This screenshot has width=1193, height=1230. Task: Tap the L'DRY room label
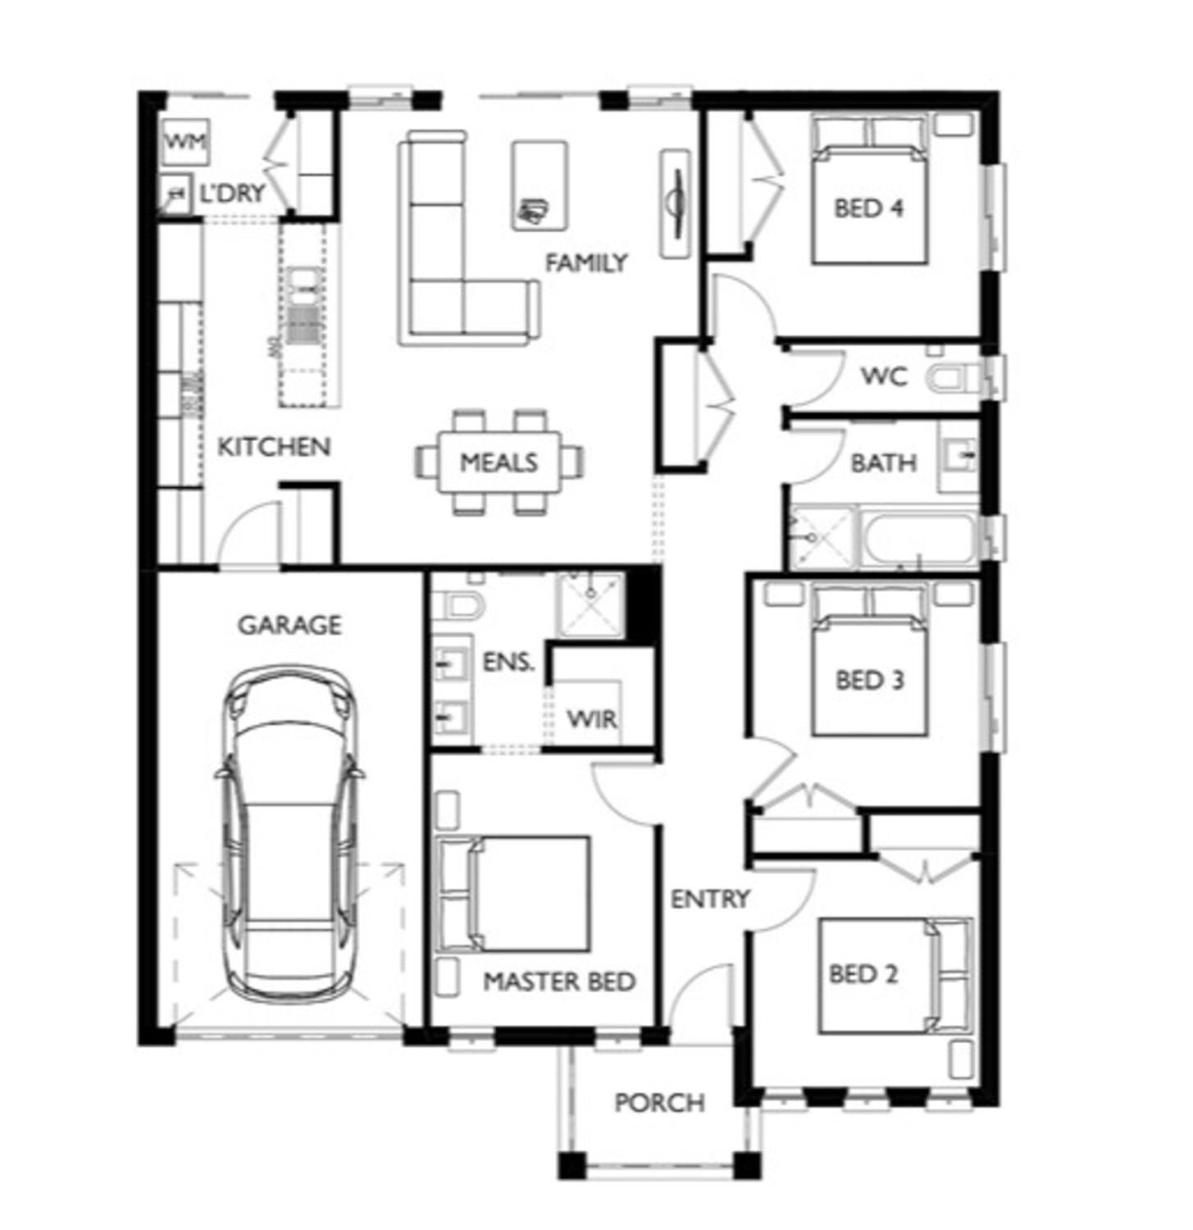pos(233,194)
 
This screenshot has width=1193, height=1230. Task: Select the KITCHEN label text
pos(273,447)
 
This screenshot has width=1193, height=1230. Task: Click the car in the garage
pos(291,836)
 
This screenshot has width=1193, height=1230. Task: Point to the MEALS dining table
pos(499,462)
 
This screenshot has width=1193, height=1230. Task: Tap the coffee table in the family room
pos(540,184)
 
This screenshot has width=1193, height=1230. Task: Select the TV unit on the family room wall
pos(676,203)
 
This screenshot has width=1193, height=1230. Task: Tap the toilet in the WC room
pos(951,379)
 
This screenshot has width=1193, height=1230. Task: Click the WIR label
pos(592,719)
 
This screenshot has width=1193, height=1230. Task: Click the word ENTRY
pos(710,899)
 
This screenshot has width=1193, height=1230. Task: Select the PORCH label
pos(659,1103)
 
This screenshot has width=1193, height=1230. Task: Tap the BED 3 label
pos(869,680)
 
